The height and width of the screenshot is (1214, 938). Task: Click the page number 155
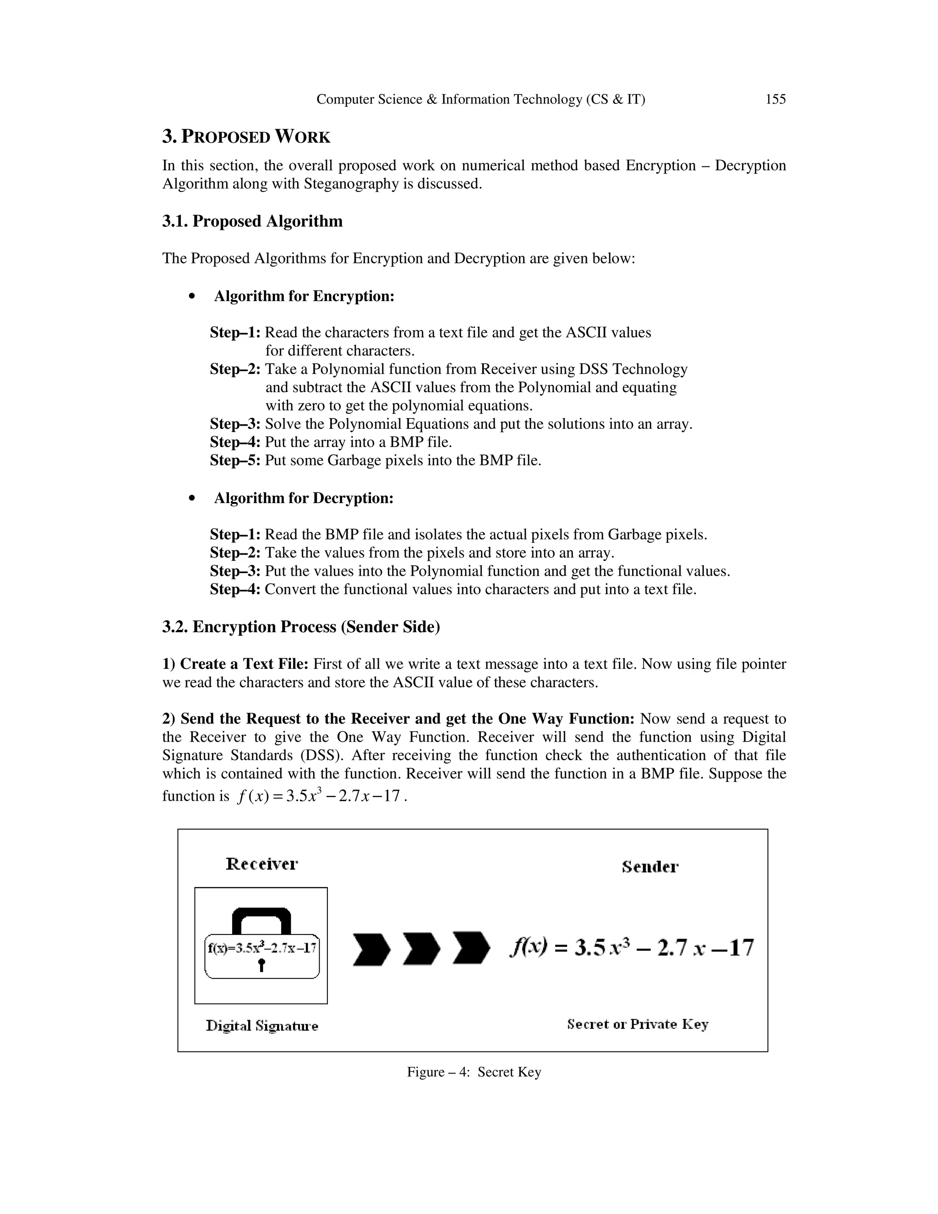tap(775, 99)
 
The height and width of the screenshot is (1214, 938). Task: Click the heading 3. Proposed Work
tap(246, 137)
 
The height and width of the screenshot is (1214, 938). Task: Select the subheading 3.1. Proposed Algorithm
tap(252, 221)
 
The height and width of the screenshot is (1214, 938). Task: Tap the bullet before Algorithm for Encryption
tap(192, 297)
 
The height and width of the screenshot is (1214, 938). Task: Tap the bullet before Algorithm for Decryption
tap(192, 498)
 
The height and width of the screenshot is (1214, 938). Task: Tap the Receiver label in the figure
tap(262, 864)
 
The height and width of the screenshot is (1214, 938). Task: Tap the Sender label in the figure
tap(649, 867)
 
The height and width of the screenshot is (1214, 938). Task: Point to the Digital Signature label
tap(262, 1026)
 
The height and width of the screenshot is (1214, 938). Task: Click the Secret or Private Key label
tap(638, 1024)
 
